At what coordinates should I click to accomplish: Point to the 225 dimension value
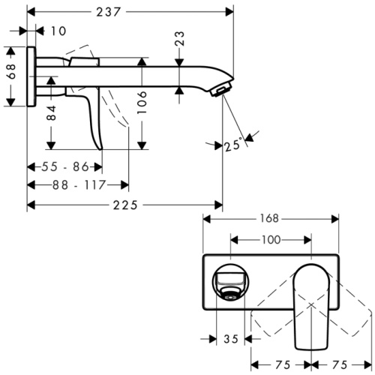(x=124, y=204)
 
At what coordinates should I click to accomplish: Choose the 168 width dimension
(x=269, y=219)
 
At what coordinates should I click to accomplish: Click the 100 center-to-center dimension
(x=270, y=240)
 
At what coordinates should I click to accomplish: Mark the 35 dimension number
(x=231, y=339)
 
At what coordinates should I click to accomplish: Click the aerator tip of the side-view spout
(x=220, y=91)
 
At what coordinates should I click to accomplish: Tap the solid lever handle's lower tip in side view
(x=97, y=146)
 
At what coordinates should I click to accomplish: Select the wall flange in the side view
(x=31, y=77)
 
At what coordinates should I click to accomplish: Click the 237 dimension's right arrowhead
(x=229, y=10)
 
